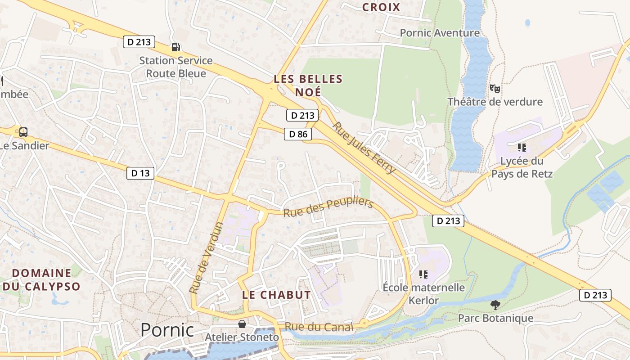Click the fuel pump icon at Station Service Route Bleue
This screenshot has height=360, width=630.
pos(175,47)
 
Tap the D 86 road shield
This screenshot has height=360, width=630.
pos(298,134)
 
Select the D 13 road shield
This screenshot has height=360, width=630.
pos(140,173)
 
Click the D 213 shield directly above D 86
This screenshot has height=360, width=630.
pos(302,115)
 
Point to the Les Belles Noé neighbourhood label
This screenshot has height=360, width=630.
pos(308,85)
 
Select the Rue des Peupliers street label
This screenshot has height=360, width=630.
pos(328,207)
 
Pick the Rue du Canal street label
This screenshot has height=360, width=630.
pos(319,327)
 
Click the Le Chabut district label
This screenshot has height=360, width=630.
pos(276,295)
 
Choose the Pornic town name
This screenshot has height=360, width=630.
pos(167,330)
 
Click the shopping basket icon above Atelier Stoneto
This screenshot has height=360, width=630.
pos(242,324)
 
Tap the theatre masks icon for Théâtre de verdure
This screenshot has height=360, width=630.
pos(495,88)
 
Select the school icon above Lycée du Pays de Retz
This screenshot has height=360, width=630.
pos(522,147)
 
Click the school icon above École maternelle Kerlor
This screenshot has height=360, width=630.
pos(423,274)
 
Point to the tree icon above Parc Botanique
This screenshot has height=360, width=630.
pos(495,305)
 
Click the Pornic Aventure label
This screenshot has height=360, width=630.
pos(440,33)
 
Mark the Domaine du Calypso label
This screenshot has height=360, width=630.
pos(41,279)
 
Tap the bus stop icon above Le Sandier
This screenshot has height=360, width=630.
pos(23,132)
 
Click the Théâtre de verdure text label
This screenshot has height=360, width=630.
pos(495,102)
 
